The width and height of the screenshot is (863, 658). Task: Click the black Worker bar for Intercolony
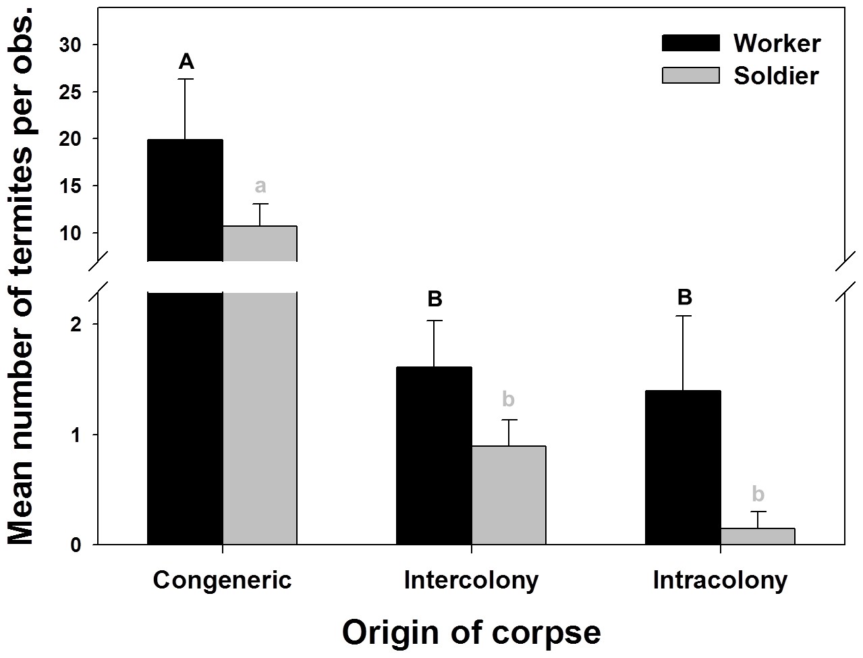[434, 456]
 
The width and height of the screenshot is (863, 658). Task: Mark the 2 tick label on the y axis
[76, 325]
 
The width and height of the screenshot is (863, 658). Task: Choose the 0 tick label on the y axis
[76, 545]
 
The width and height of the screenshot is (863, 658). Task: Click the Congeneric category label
[222, 580]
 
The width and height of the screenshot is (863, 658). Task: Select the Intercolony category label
[471, 580]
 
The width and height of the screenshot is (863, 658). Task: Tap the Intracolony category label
[720, 580]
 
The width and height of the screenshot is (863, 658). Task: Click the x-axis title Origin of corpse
[471, 632]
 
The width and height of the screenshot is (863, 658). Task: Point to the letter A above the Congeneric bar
[186, 62]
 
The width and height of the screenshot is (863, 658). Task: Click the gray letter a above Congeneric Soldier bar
[260, 186]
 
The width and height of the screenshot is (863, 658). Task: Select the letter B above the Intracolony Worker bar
[684, 297]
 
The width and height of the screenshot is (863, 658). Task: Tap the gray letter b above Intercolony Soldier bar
[508, 400]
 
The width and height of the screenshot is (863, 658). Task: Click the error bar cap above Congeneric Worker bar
[186, 80]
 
